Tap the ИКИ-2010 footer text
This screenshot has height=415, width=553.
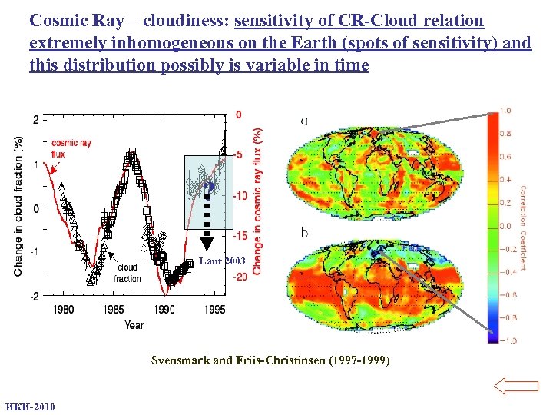click(30, 407)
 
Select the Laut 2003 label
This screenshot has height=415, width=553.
click(222, 261)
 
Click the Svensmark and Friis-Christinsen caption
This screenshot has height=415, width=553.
click(270, 360)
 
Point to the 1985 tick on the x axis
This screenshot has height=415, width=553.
click(114, 309)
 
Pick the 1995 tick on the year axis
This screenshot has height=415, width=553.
click(215, 309)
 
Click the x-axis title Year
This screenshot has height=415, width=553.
click(134, 324)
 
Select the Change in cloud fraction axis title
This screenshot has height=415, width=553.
click(18, 206)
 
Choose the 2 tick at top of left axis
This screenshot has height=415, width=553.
click(36, 120)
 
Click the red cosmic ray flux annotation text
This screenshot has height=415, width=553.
click(71, 148)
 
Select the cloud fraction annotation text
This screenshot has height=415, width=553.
click(127, 273)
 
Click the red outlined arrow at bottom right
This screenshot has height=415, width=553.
click(515, 385)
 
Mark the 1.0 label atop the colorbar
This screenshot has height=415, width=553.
click(506, 111)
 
